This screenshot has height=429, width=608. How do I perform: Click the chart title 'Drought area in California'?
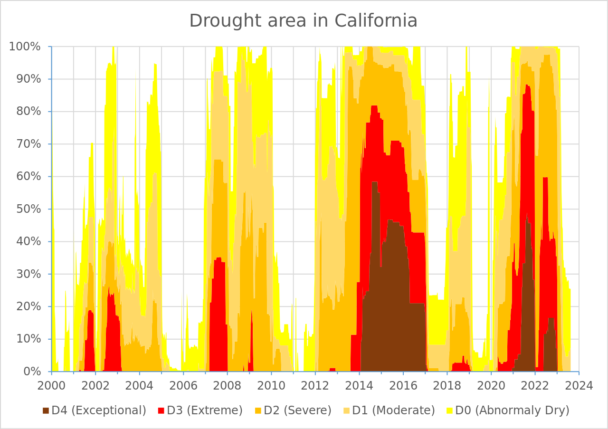coord(304,21)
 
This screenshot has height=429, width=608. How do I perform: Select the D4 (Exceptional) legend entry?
coord(94,410)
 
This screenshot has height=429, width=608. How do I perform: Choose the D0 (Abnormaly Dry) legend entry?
coord(507,410)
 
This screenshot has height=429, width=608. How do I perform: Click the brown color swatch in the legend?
coord(46,410)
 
